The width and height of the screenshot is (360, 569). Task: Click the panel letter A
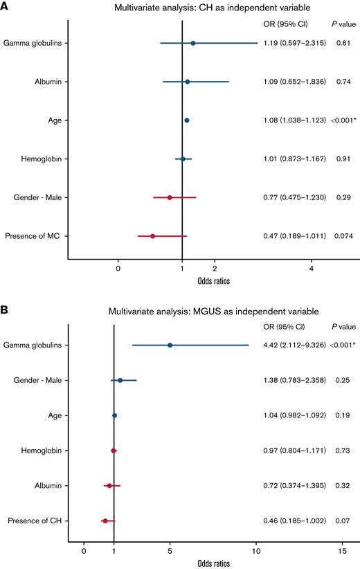[x=6, y=8]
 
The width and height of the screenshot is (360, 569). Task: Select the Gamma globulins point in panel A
[x=193, y=44]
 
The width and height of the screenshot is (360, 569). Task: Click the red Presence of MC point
[x=152, y=236]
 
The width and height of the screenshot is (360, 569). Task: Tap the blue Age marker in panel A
[x=187, y=120]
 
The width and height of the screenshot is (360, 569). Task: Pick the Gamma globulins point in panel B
[x=170, y=345]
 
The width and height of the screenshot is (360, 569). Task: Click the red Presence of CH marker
[x=105, y=521]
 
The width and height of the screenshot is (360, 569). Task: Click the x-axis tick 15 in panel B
[x=342, y=551]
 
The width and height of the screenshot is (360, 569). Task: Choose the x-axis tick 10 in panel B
[x=256, y=551]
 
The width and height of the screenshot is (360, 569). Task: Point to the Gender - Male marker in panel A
[x=170, y=197]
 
